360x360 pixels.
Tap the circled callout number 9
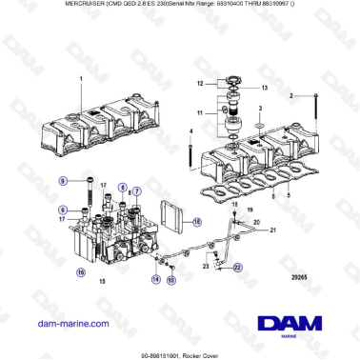[x=62, y=180]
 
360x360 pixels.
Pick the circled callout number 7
[x=137, y=190]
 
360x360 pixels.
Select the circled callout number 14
[x=154, y=279]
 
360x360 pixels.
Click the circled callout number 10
[x=171, y=281]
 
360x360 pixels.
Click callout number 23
[x=205, y=267]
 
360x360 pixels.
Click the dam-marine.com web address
[x=69, y=323]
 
